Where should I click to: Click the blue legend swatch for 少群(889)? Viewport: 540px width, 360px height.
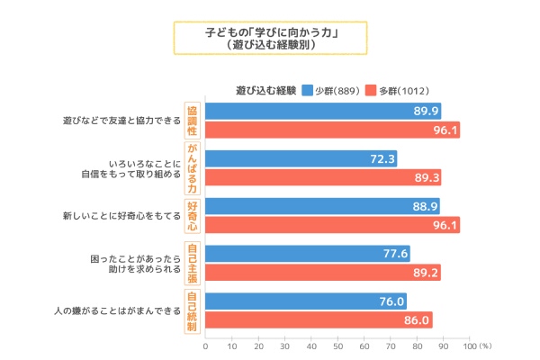point(307,90)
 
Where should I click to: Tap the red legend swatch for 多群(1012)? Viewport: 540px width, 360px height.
point(370,90)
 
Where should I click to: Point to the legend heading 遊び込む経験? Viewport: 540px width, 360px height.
point(265,90)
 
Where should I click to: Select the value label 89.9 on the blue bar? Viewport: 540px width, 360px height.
point(426,112)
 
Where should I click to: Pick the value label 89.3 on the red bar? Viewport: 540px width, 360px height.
point(426,177)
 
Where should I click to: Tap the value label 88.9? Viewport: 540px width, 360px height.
point(425,207)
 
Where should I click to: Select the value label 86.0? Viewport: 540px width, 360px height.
point(418,319)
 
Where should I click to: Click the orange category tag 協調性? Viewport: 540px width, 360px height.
point(191,120)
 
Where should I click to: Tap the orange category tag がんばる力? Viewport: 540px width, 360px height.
point(191,168)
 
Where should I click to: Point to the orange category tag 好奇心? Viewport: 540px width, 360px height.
point(191,216)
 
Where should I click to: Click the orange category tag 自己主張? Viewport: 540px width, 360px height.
point(191,263)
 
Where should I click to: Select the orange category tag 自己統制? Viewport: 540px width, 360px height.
point(191,310)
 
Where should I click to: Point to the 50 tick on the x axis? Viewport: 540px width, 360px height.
point(337,346)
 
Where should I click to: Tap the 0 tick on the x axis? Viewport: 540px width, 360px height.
point(205,346)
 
